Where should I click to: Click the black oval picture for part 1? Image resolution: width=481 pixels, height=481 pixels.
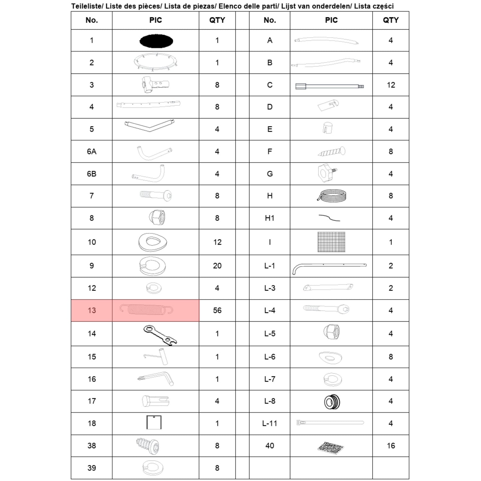tap(156, 41)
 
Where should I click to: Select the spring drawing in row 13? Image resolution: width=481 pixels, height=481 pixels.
tap(146, 310)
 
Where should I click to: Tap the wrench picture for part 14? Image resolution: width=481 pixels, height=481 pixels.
tap(160, 335)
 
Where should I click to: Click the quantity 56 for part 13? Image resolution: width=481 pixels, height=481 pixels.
tap(217, 310)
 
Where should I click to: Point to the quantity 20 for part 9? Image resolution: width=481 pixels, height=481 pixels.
tap(217, 266)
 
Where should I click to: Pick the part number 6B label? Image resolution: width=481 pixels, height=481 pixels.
tap(92, 174)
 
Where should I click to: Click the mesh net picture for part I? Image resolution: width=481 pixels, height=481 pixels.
tap(332, 242)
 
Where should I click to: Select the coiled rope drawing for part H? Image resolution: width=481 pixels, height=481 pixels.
tap(332, 195)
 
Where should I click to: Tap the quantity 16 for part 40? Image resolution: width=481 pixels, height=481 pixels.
tap(391, 446)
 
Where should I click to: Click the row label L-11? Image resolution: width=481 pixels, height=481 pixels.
tap(270, 424)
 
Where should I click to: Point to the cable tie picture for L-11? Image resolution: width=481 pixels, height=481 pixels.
tap(330, 423)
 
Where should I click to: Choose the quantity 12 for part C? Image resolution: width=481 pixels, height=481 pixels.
tap(391, 85)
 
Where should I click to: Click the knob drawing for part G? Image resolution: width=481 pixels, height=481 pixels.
tap(327, 173)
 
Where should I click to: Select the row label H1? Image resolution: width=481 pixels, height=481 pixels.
tap(270, 218)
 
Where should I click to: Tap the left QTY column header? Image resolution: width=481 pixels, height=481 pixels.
tap(217, 20)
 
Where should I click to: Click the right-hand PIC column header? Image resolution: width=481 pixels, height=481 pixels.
tap(331, 20)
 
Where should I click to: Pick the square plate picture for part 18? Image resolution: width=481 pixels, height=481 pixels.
tap(154, 422)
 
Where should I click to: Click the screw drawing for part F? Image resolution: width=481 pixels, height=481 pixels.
tap(332, 151)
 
